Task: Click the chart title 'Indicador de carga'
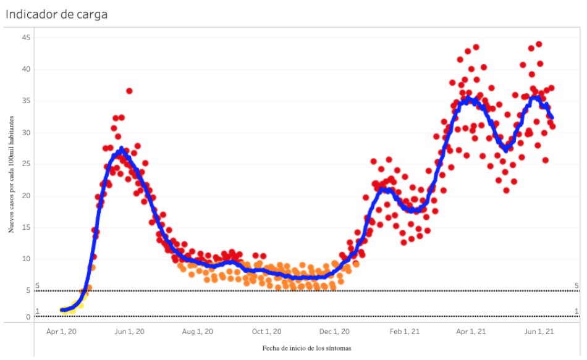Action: point(57,14)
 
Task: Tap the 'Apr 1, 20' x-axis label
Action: point(62,332)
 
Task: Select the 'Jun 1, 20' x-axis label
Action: point(129,332)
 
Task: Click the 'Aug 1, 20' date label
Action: point(197,332)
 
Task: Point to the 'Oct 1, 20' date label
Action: point(266,332)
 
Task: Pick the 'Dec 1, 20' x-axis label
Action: point(335,332)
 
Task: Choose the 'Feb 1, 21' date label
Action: point(404,332)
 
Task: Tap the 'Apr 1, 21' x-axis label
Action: point(470,332)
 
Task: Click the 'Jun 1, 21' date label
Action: point(538,332)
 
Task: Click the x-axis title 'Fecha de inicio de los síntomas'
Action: point(307,348)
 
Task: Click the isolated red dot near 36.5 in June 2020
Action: point(129,91)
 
